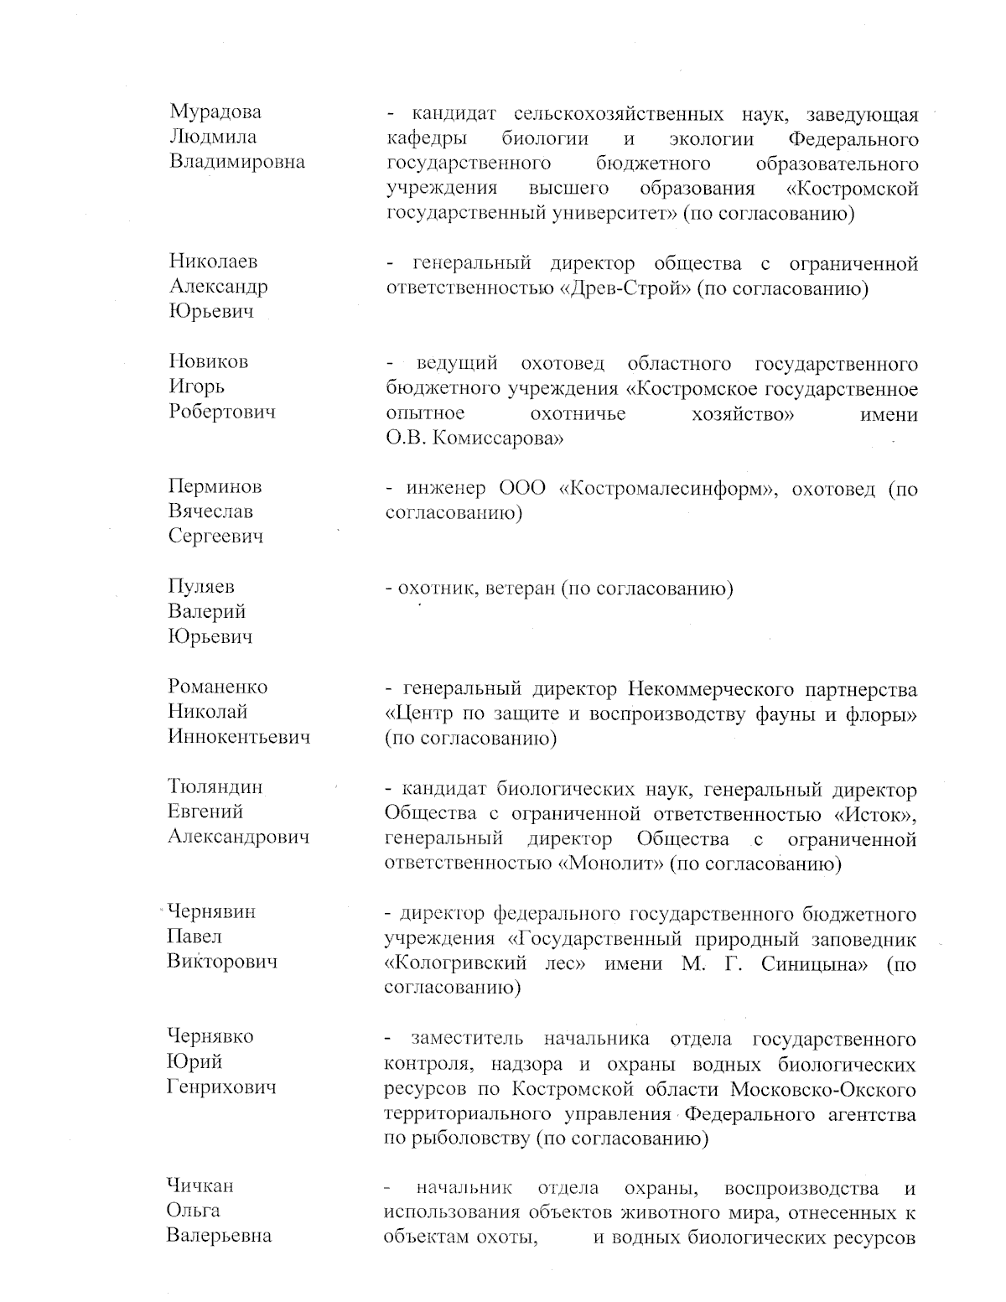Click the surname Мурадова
click(215, 112)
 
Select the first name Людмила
click(213, 137)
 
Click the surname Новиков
click(209, 361)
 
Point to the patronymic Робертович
click(221, 412)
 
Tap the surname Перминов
click(215, 486)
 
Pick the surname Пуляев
click(201, 587)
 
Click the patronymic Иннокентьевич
click(239, 737)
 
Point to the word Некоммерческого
click(709, 689)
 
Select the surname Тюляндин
click(215, 787)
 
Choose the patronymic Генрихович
click(221, 1087)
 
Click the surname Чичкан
click(200, 1185)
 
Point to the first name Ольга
click(194, 1211)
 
